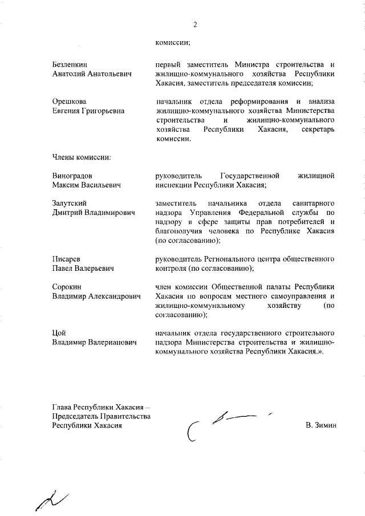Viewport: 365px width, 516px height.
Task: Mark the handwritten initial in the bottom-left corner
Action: [x=51, y=499]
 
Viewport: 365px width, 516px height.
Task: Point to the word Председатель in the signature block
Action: [x=76, y=417]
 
